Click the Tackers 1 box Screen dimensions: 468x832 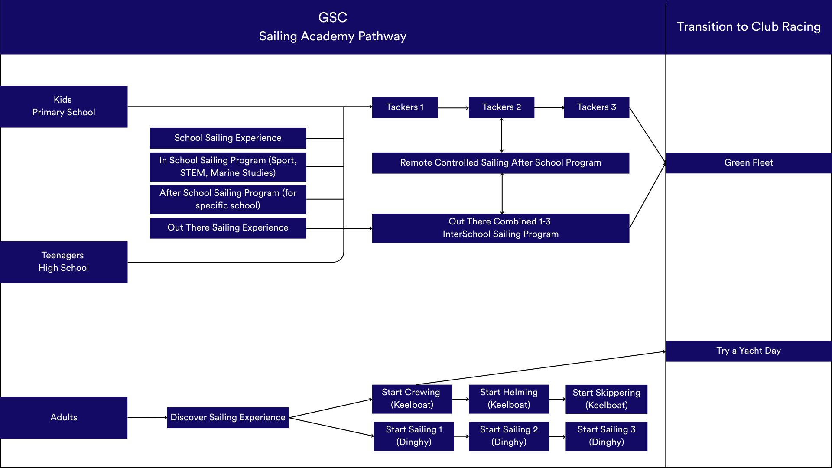(x=405, y=107)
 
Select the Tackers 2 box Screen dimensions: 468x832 (x=501, y=107)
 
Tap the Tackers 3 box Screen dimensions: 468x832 (x=596, y=107)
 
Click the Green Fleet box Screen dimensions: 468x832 (x=748, y=163)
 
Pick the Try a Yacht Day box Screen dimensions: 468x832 (x=748, y=351)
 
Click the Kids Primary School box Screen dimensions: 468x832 (x=64, y=107)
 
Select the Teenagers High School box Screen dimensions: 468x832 (x=64, y=262)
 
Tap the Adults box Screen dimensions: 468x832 (x=64, y=418)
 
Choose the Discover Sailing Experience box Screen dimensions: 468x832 (x=228, y=418)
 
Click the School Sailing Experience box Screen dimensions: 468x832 (x=228, y=138)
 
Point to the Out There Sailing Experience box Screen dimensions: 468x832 (x=228, y=228)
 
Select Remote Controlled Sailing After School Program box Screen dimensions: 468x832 (x=500, y=163)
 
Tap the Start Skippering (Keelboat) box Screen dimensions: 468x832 (x=606, y=399)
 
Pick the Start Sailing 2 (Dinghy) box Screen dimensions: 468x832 (x=509, y=436)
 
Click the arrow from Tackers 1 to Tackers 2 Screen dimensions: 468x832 (x=453, y=108)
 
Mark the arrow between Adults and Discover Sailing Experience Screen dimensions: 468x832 (x=147, y=418)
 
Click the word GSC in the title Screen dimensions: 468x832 (x=333, y=18)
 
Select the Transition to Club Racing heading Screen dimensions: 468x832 (x=748, y=27)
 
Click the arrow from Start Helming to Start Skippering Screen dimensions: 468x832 (x=557, y=399)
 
